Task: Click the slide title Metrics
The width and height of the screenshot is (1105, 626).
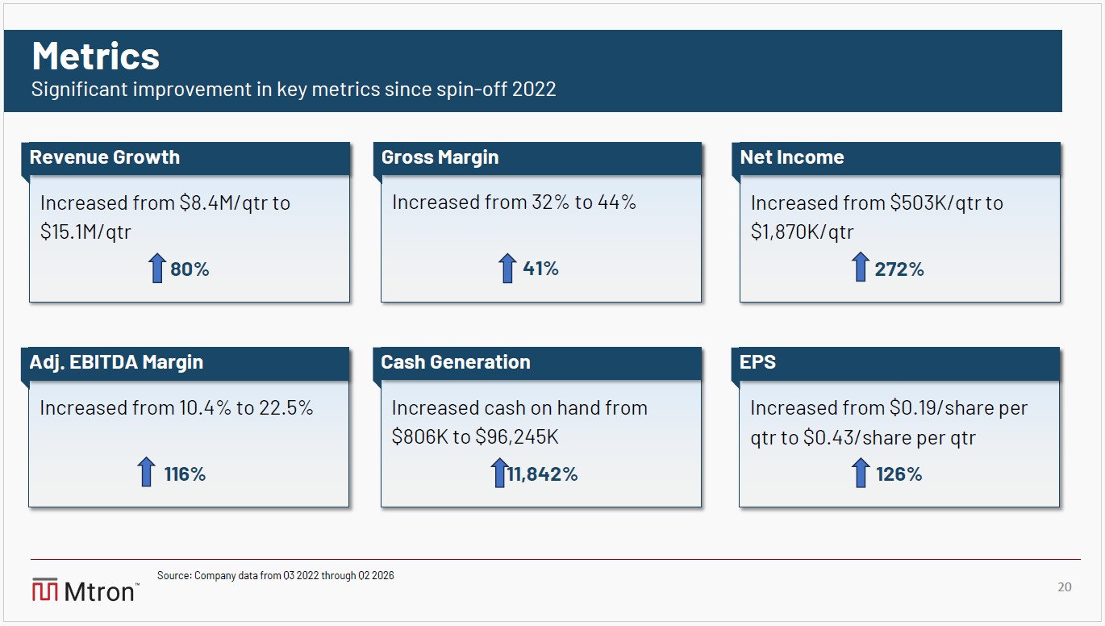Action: [x=96, y=56]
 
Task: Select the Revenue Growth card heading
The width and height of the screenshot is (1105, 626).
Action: [x=105, y=157]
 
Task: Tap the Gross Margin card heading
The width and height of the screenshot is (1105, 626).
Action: [x=440, y=157]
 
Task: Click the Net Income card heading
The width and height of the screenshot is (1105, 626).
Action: [x=792, y=157]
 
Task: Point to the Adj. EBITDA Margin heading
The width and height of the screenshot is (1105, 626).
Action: [x=116, y=362]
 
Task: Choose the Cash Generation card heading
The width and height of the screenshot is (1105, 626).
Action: [x=456, y=362]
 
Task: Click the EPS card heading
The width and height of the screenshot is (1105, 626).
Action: [x=757, y=362]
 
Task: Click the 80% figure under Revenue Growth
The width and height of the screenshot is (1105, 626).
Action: [x=190, y=269]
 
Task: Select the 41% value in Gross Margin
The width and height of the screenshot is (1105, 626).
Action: [x=540, y=269]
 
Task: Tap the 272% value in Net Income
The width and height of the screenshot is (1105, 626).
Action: [x=899, y=269]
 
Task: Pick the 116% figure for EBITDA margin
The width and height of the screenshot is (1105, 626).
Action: [x=185, y=474]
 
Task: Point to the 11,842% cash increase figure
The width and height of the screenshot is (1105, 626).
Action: [x=543, y=474]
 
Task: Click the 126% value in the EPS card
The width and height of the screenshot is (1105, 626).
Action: [x=899, y=474]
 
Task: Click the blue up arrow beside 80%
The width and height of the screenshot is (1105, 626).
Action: [x=156, y=269]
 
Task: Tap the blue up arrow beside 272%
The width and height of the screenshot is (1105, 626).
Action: [x=861, y=267]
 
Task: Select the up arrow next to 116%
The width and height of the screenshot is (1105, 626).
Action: [x=146, y=472]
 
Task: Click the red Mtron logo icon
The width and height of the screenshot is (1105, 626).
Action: [x=45, y=590]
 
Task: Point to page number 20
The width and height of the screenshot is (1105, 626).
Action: [x=1065, y=587]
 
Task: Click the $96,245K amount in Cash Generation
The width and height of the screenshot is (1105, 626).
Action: [x=516, y=437]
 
